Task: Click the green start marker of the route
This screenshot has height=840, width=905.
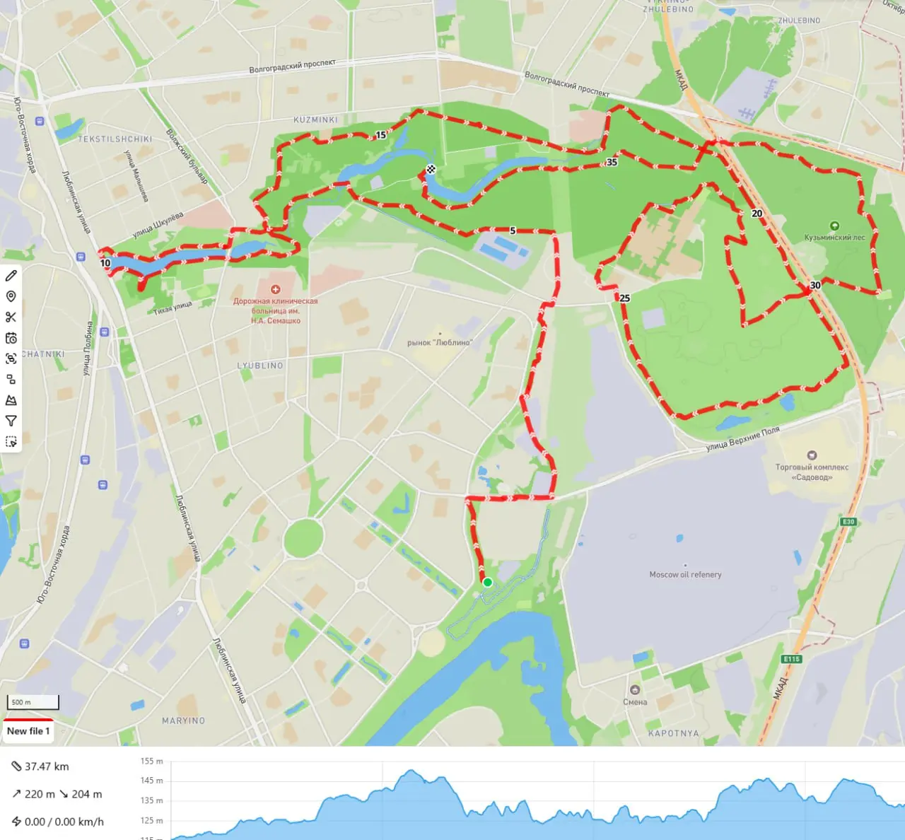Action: [x=487, y=582]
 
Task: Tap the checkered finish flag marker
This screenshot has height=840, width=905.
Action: [x=431, y=169]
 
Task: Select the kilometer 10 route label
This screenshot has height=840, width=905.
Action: [x=105, y=263]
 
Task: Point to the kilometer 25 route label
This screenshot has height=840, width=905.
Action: [x=624, y=298]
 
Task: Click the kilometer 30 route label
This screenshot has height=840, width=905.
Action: [x=815, y=286]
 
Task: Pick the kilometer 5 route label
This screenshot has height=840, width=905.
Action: [x=513, y=231]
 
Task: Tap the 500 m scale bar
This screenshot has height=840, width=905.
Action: [x=33, y=702]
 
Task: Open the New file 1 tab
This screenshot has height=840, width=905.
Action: [x=28, y=731]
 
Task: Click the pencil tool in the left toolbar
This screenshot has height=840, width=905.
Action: [x=11, y=275]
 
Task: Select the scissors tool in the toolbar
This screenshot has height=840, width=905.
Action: [x=11, y=317]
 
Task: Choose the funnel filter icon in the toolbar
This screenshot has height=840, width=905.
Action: [x=11, y=421]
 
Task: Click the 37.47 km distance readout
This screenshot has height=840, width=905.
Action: [x=47, y=766]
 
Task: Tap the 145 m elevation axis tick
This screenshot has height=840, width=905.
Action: [x=151, y=781]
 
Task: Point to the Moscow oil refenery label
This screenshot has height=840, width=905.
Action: [x=685, y=575]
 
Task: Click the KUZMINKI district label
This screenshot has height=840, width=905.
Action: [x=315, y=120]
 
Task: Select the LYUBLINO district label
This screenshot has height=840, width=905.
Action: [x=260, y=366]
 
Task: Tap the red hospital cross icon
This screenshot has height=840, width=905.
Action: [x=276, y=289]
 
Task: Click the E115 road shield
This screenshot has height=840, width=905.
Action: [x=791, y=659]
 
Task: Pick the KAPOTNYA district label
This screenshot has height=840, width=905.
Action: [x=673, y=733]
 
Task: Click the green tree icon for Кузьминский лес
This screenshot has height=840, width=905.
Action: [x=834, y=226]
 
